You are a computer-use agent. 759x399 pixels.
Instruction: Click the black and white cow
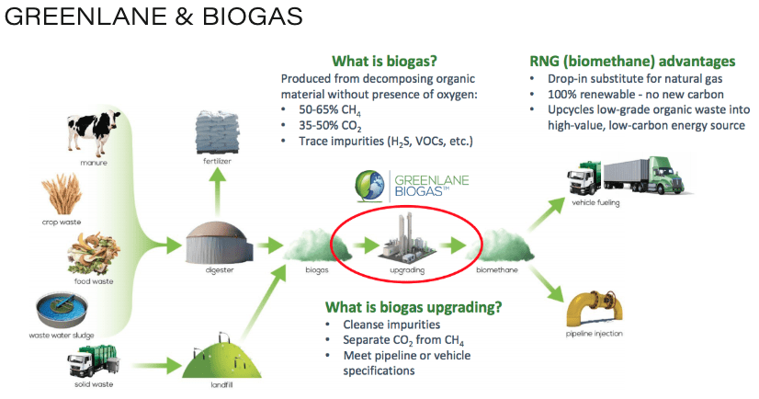(94, 131)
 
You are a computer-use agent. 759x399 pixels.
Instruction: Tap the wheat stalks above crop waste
(62, 194)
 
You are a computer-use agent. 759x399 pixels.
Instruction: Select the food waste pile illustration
(93, 254)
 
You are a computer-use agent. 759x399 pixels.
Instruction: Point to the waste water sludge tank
(62, 311)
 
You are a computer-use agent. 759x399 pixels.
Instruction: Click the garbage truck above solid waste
(93, 361)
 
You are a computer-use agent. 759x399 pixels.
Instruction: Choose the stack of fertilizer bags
(218, 131)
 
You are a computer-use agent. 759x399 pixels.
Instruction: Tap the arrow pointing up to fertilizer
(218, 191)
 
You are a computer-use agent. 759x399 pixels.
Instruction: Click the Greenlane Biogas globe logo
(369, 186)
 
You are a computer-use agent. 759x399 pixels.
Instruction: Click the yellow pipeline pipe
(594, 309)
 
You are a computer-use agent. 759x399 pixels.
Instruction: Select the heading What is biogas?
(384, 62)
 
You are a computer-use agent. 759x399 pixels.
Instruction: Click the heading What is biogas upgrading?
(413, 307)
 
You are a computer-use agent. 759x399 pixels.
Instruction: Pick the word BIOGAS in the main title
(252, 16)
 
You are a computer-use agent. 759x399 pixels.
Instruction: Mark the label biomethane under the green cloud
(496, 269)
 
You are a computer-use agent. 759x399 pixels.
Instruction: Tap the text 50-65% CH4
(330, 110)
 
